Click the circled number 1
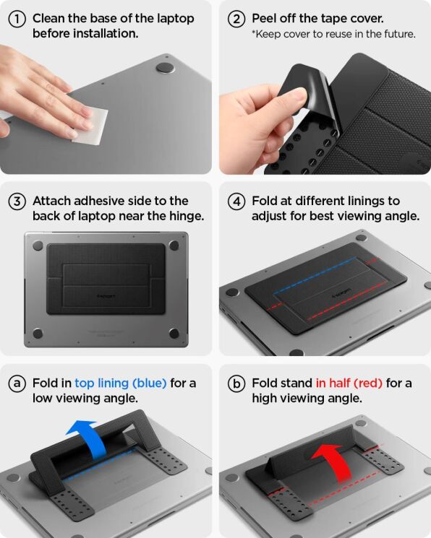18,19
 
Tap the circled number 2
236,19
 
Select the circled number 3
18,201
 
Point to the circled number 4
236,201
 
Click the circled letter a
18,383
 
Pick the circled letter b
236,383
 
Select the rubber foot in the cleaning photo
165,68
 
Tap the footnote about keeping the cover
333,34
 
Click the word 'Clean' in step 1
49,19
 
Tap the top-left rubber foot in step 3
38,246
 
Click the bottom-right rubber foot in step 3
174,333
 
